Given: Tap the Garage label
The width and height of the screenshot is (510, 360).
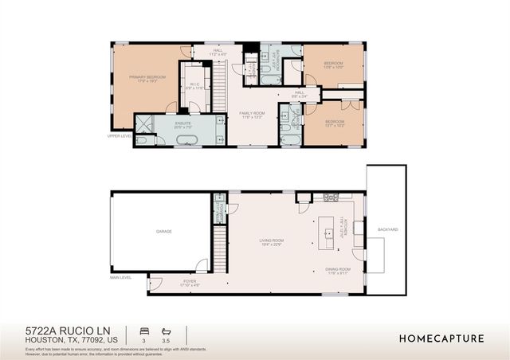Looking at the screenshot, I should [x=164, y=231].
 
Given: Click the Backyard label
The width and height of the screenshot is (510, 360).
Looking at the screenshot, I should [x=388, y=229].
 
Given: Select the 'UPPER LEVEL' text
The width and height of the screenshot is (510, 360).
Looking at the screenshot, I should [x=120, y=135].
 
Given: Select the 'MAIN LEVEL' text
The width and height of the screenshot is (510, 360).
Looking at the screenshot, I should [x=121, y=277].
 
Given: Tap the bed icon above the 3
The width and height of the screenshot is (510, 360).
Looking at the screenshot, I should [x=143, y=330].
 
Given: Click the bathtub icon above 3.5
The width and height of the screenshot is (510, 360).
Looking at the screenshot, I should [x=167, y=330].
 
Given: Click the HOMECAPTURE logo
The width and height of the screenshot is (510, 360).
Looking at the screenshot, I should [x=441, y=338].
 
